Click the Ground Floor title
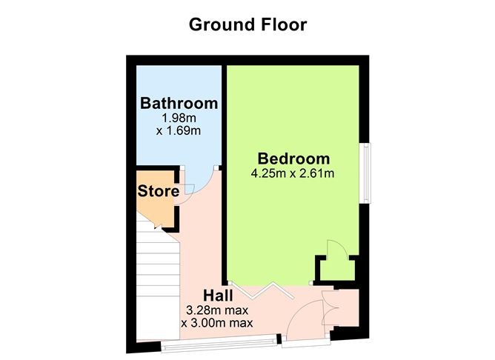pyautogui.click(x=247, y=24)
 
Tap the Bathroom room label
pyautogui.click(x=179, y=103)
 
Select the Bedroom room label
pyautogui.click(x=293, y=159)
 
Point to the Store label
pyautogui.click(x=159, y=191)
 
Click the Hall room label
pyautogui.click(x=218, y=296)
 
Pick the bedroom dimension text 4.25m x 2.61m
pyautogui.click(x=293, y=173)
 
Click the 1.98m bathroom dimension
pyautogui.click(x=179, y=118)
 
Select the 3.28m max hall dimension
pyautogui.click(x=217, y=310)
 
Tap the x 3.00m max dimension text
pyautogui.click(x=217, y=323)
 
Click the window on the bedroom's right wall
pyautogui.click(x=366, y=173)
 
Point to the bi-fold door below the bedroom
pyautogui.click(x=262, y=290)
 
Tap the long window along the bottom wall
pyautogui.click(x=219, y=343)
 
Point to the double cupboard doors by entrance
pyautogui.click(x=329, y=308)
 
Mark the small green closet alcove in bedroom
pyautogui.click(x=337, y=268)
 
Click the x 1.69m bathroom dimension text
pyautogui.click(x=179, y=130)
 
